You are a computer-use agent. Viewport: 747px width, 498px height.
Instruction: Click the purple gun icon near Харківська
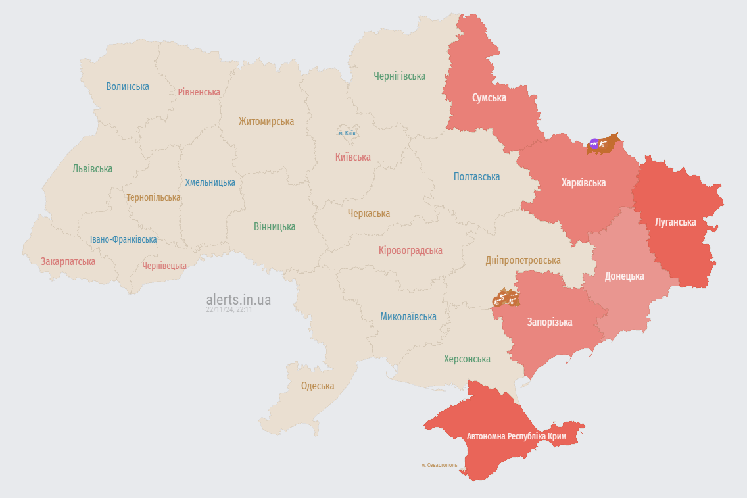[594, 143]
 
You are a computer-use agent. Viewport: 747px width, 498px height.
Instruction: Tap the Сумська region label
[489, 98]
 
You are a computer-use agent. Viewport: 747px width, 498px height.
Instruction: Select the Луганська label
[675, 222]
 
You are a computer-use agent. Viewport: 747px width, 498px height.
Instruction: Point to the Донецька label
[624, 276]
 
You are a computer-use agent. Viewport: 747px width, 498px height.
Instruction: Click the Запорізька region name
[549, 322]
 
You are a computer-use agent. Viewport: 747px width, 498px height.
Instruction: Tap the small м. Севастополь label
[439, 465]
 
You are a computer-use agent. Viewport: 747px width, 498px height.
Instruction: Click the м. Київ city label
[347, 133]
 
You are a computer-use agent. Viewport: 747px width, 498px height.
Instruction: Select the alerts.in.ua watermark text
[238, 299]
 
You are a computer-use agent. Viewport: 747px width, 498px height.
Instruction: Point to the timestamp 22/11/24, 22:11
[229, 309]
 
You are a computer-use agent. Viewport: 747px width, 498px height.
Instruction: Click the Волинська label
[128, 86]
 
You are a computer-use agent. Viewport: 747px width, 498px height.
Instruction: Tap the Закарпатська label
[68, 261]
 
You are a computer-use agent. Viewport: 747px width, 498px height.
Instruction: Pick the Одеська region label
[318, 386]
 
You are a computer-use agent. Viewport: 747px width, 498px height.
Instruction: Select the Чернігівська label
[399, 76]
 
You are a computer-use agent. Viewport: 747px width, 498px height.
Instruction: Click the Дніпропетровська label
[523, 260]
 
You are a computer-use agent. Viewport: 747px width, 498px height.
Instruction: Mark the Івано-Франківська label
[124, 239]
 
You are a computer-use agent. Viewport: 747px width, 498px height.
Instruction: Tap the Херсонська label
[467, 359]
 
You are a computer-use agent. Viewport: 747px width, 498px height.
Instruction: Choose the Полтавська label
[476, 176]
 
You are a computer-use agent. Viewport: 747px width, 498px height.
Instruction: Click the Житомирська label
[266, 121]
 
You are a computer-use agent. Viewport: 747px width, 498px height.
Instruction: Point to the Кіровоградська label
[410, 250]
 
